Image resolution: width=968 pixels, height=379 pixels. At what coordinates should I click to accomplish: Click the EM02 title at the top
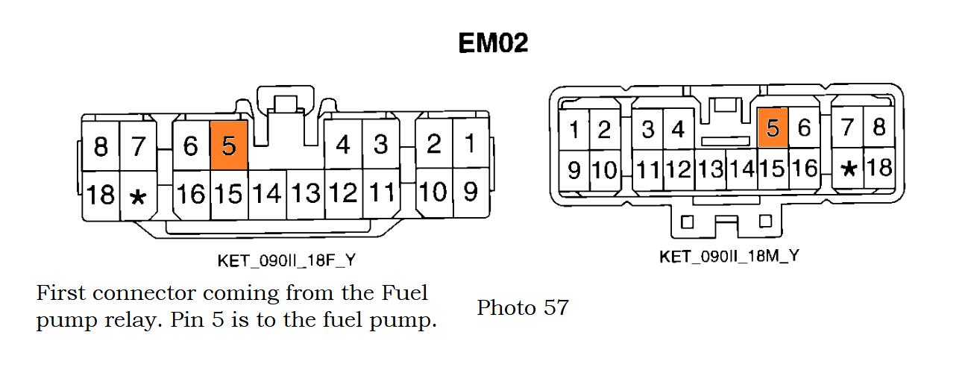[493, 43]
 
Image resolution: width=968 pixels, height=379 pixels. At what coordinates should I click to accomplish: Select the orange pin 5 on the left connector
[229, 145]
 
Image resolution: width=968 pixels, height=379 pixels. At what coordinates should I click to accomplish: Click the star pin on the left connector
[138, 195]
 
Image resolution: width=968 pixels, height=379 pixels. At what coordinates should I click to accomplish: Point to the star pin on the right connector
[848, 168]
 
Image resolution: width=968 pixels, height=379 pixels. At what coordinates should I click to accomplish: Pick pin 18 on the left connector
[101, 194]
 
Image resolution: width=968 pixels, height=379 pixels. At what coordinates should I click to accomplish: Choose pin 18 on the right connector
[880, 167]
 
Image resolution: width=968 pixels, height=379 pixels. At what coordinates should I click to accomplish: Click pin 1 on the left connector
[470, 143]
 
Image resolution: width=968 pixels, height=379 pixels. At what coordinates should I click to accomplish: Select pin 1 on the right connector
[573, 130]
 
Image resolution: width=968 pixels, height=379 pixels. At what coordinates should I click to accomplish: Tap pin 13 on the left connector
[306, 194]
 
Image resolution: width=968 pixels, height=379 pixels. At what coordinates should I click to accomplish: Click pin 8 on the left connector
[101, 146]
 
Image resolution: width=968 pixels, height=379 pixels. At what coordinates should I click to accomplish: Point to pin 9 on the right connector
[573, 169]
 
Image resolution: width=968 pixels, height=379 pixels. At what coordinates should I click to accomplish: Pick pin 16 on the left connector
[191, 194]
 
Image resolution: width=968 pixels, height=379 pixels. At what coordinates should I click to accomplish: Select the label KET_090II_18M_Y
[729, 256]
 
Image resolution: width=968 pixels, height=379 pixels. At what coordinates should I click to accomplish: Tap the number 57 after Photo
[556, 307]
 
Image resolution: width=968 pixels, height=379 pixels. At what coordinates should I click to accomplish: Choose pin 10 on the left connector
[433, 192]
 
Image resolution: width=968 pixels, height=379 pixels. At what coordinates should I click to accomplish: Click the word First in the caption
[60, 292]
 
